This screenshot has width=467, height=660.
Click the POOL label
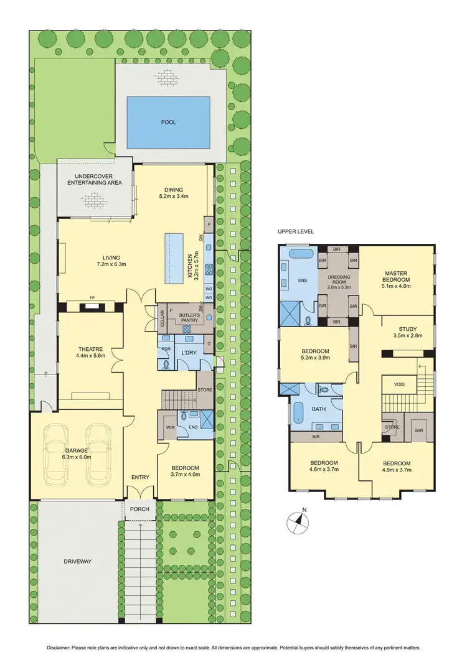pos(168,122)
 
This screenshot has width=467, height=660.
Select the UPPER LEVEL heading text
pos(296,231)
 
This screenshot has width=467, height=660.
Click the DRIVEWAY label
pos(77,562)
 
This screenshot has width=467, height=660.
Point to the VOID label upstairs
pos(399,384)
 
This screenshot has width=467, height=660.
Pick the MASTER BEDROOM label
pos(395,277)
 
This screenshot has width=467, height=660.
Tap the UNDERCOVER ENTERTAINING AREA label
pos(95,179)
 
